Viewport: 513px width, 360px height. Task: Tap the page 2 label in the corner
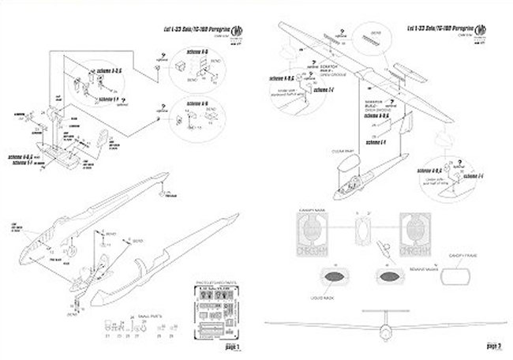[496, 347]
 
